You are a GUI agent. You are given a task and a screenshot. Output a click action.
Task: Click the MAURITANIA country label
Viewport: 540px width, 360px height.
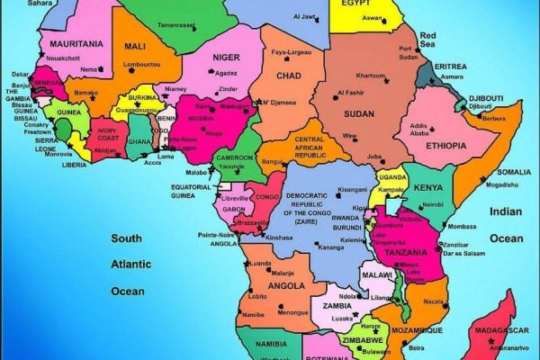tap(75, 43)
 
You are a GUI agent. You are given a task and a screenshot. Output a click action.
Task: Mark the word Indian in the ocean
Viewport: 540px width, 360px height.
tap(506, 211)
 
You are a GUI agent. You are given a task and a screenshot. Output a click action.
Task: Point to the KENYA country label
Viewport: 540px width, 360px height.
tap(427, 188)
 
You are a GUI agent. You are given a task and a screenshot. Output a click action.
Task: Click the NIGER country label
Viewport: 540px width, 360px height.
tap(226, 58)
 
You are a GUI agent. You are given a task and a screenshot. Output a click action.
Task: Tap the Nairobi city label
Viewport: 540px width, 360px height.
tap(431, 204)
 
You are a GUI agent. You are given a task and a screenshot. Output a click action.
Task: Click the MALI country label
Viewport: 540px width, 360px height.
tap(135, 46)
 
